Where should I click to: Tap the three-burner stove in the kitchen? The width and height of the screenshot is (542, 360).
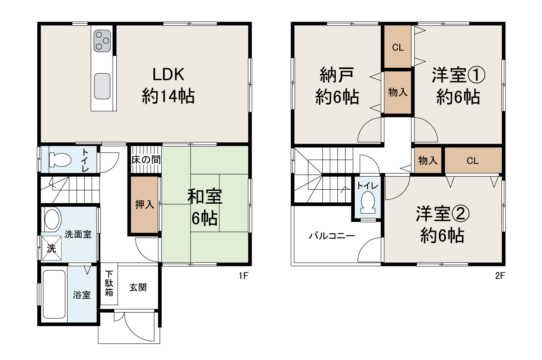(x=102, y=41)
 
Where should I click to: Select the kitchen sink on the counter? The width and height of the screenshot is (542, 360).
(x=102, y=86)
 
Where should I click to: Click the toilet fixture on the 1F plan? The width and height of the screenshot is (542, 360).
(x=59, y=160)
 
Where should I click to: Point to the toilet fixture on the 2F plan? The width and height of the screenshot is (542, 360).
(x=368, y=202)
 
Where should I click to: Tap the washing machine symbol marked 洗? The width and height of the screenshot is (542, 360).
(x=51, y=248)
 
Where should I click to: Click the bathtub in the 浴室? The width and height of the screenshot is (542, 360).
(x=54, y=294)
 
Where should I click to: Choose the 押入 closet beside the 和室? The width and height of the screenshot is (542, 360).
(x=144, y=205)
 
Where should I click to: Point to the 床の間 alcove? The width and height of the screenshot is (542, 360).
(x=145, y=160)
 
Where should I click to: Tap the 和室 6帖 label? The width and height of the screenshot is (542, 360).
(x=205, y=208)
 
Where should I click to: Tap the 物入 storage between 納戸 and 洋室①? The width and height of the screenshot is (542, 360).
(x=398, y=92)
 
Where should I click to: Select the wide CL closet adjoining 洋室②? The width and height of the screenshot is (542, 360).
(x=473, y=161)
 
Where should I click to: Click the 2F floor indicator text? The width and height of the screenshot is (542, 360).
(x=500, y=276)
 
